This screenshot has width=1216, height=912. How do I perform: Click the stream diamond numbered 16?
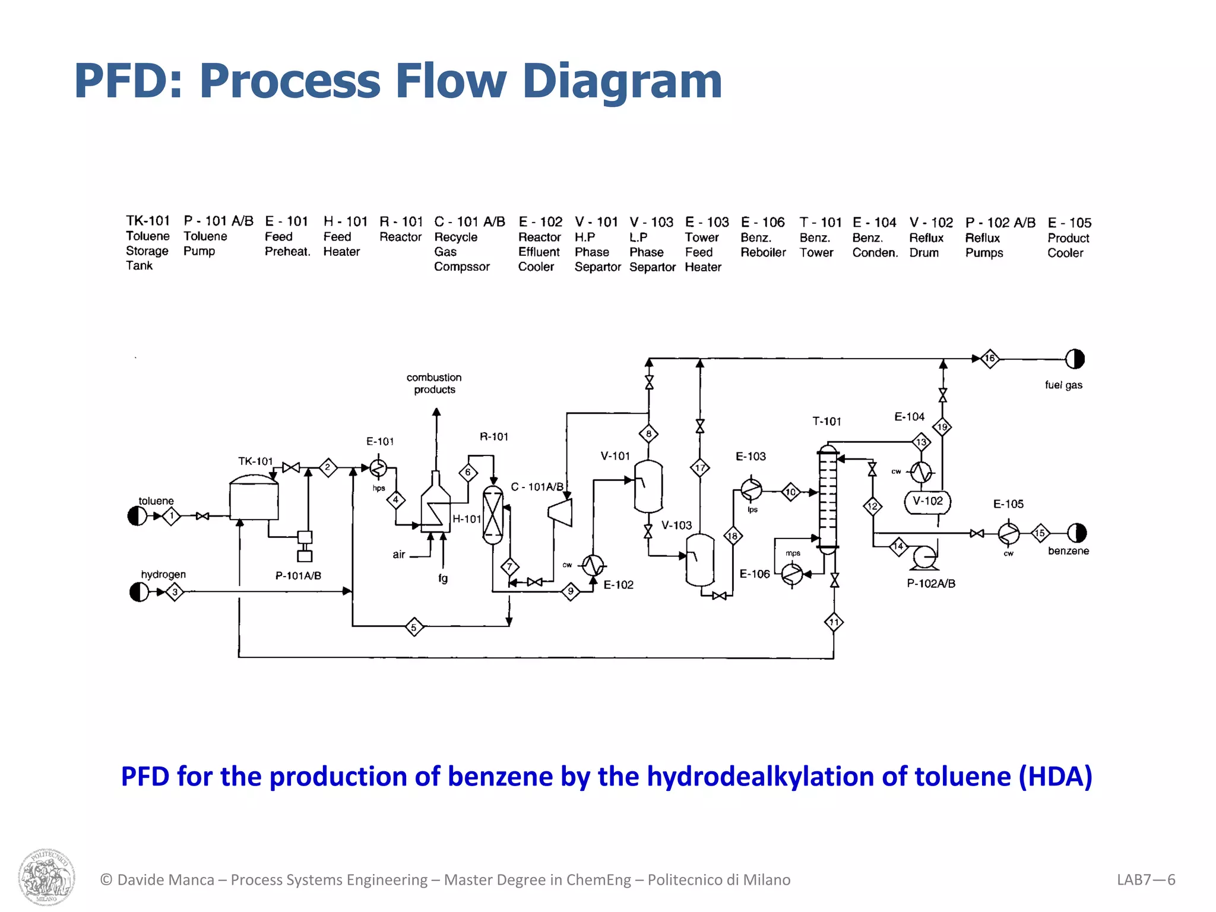click(x=989, y=359)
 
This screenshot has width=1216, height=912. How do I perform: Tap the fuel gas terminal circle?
click(x=1075, y=359)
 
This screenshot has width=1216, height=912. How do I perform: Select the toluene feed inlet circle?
click(x=137, y=516)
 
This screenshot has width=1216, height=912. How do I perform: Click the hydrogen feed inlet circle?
click(x=139, y=592)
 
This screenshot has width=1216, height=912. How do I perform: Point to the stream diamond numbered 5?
click(x=414, y=627)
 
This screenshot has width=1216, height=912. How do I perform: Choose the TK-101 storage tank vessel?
click(x=254, y=500)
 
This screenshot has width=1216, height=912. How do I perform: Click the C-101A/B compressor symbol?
click(x=560, y=512)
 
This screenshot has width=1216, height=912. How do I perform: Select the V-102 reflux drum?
click(x=927, y=502)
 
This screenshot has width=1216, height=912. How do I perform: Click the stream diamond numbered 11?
click(x=834, y=622)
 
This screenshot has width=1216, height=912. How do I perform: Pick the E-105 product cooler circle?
click(x=1008, y=533)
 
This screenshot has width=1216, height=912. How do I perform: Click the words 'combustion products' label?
click(x=434, y=384)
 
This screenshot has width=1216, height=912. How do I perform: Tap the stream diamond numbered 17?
click(x=700, y=468)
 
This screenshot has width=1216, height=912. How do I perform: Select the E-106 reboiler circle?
click(x=792, y=574)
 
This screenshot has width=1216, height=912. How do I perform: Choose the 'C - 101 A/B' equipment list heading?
click(x=469, y=222)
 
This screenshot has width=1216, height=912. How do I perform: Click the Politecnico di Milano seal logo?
click(x=46, y=877)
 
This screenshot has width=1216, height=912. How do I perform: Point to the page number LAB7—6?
click(x=1145, y=880)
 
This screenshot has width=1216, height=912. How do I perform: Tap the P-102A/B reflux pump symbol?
click(x=924, y=558)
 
